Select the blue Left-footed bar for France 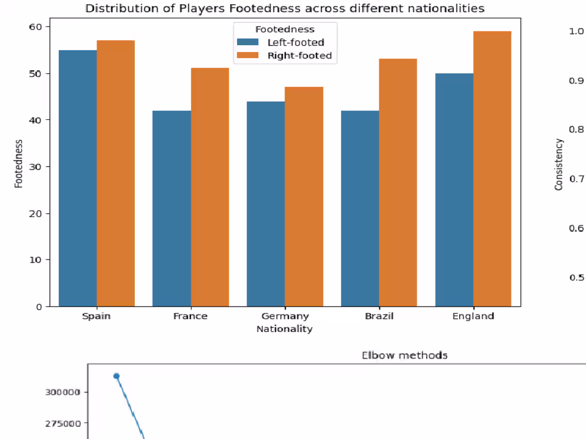[172, 208]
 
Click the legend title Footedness [284, 29]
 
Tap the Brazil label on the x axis [379, 316]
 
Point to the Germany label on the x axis [284, 316]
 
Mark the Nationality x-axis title [284, 329]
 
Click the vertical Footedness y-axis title [19, 163]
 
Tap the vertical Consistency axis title [559, 164]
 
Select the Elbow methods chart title [404, 355]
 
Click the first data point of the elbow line [116, 376]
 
